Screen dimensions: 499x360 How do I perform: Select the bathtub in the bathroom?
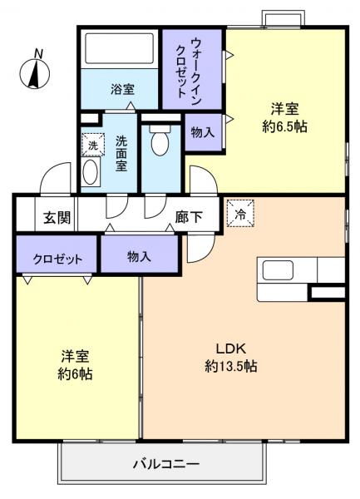coord(120,50)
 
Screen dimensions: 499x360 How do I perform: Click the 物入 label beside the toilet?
coord(203,132)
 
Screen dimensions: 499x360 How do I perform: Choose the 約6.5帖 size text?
coord(285,128)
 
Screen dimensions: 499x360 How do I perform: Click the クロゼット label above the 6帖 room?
coord(57,258)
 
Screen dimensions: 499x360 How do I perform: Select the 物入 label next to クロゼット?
coord(139,257)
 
